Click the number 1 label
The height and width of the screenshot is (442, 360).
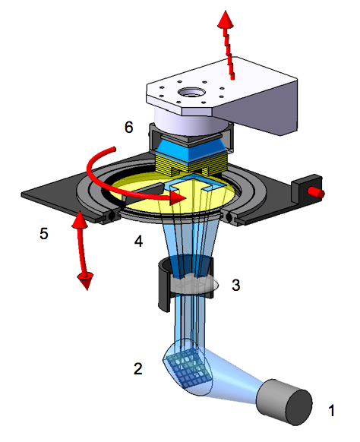pos(332,410)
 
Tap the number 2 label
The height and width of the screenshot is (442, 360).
pos(138,368)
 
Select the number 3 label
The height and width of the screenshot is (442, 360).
pos(235,285)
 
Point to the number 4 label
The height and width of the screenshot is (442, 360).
pos(138,241)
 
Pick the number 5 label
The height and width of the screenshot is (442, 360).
pos(44,233)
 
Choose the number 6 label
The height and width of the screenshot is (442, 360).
pos(128,127)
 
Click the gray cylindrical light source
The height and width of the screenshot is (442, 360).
pos(283,402)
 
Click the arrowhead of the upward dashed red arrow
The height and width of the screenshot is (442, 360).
pos(226,19)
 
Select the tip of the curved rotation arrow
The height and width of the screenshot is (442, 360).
pos(186,197)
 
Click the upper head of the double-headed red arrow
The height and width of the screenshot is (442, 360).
pos(79,219)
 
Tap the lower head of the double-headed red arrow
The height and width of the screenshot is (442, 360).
pos(86,280)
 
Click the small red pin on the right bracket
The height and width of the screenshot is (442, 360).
pos(316,193)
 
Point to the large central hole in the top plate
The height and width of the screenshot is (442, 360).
pos(191,93)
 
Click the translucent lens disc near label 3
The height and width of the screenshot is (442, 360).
pos(195,284)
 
